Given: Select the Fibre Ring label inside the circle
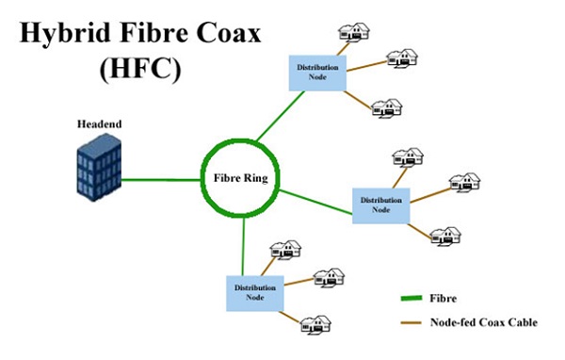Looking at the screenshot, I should [240, 175].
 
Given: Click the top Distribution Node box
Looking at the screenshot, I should [317, 71].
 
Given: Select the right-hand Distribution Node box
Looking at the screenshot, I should [380, 205].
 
